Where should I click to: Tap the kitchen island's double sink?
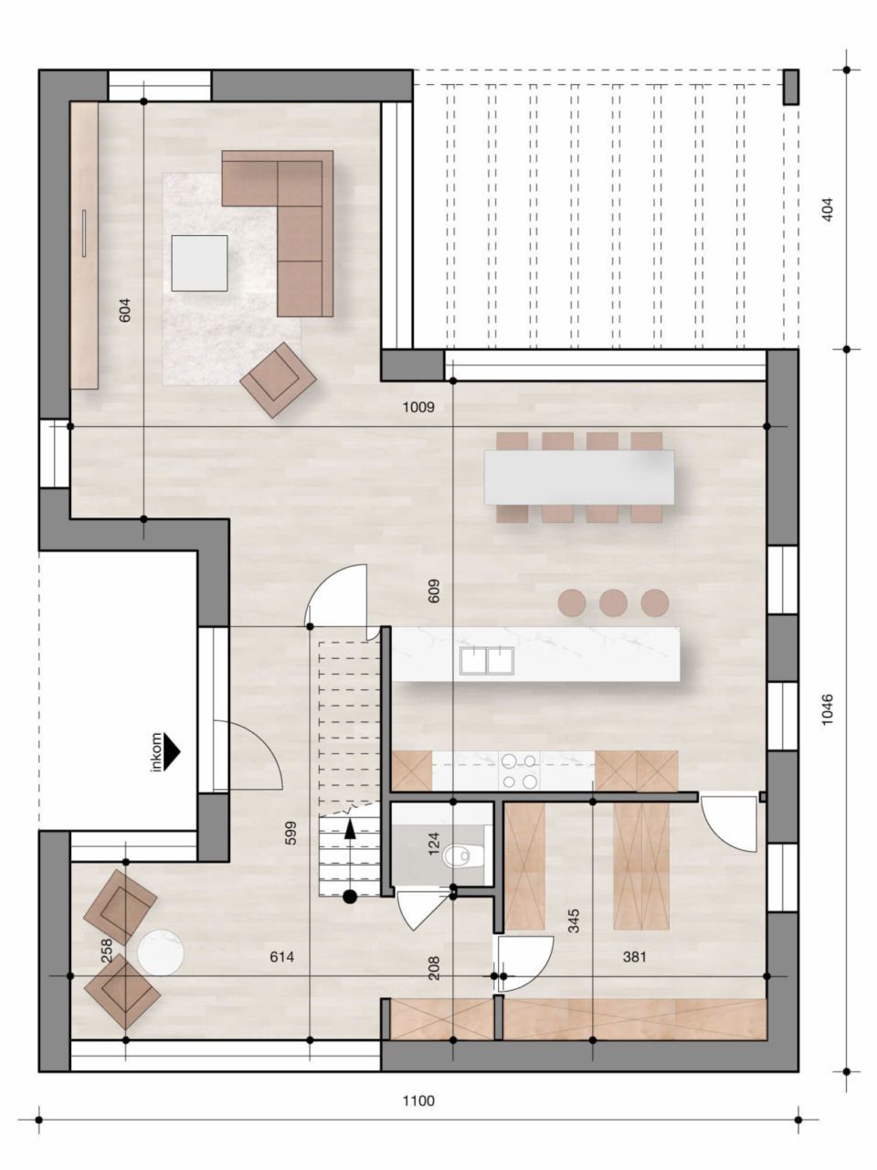(x=486, y=659)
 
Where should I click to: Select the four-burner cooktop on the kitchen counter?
(x=519, y=770)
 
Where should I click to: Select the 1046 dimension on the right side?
(x=828, y=710)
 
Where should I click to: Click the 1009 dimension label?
(x=418, y=408)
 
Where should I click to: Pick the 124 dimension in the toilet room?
(x=434, y=842)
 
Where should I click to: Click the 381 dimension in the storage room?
(x=634, y=957)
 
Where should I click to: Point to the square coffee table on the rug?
(x=199, y=263)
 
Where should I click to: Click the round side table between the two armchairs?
(x=161, y=952)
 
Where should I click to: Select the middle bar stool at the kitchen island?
(x=613, y=602)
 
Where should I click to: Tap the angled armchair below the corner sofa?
(x=278, y=379)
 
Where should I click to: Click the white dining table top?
(x=579, y=477)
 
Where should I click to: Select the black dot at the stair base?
(x=349, y=897)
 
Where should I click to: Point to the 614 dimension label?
(x=281, y=957)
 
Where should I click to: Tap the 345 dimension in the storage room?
(x=574, y=920)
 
